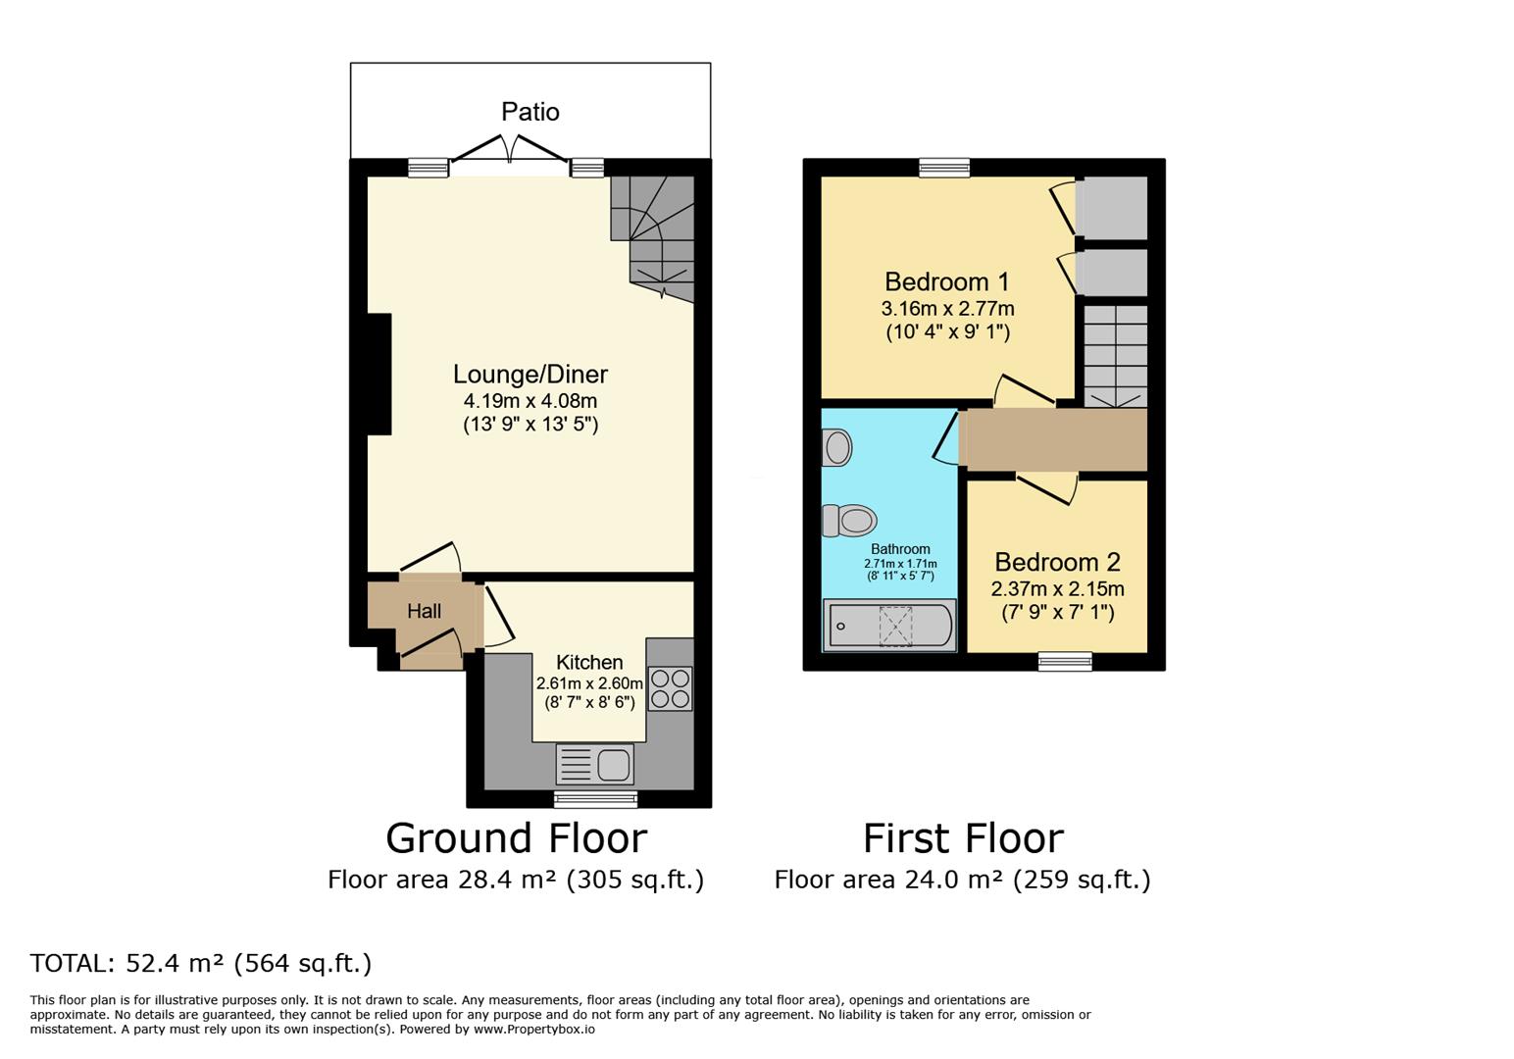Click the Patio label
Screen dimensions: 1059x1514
[530, 112]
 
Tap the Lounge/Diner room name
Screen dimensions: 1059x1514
[530, 374]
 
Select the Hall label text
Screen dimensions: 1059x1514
[424, 611]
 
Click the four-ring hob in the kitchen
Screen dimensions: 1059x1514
[671, 687]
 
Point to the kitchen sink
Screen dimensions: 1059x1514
[595, 764]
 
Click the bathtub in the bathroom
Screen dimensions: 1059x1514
[889, 626]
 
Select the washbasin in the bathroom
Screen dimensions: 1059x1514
[836, 448]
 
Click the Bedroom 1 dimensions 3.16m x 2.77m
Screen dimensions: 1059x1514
[947, 309]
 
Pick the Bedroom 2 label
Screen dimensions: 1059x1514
[1057, 562]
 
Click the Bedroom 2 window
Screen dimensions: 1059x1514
[1065, 662]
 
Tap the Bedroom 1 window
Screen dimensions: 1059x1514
[944, 168]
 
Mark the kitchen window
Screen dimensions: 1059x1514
[595, 799]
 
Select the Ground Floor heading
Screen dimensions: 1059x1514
[516, 838]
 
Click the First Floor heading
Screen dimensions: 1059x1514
[963, 838]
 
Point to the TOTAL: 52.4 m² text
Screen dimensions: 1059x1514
[201, 963]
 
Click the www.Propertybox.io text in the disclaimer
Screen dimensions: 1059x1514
[534, 1030]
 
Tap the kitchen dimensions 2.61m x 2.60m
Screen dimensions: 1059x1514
[589, 683]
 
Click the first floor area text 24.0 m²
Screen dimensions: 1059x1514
[962, 880]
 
